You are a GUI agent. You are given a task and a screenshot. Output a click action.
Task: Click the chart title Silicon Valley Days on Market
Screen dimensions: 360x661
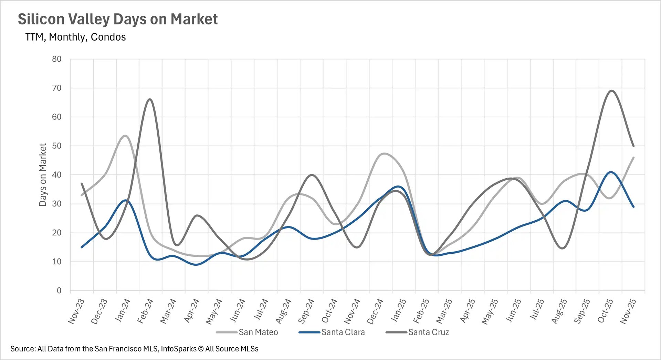[x=117, y=19]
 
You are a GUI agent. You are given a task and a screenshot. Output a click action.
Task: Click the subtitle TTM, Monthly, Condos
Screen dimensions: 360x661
[x=75, y=37]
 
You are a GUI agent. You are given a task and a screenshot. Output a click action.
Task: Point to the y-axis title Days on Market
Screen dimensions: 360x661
[x=43, y=175]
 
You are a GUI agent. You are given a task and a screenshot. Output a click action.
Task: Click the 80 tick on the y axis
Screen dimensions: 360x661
[x=57, y=59]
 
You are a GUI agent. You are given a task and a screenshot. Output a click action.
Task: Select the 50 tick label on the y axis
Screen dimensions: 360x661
[x=57, y=146]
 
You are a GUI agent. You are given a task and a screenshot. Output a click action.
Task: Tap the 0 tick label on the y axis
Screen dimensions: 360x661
[x=59, y=291]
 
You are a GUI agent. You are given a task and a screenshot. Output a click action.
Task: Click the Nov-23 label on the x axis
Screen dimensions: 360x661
[x=76, y=311]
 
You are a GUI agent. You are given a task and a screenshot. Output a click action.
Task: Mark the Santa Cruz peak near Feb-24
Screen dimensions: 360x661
[x=150, y=99]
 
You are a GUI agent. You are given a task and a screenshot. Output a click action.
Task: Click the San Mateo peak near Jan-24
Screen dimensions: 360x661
[x=125, y=136]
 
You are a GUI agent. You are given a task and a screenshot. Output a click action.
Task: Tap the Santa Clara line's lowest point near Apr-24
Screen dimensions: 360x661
[x=196, y=265]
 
